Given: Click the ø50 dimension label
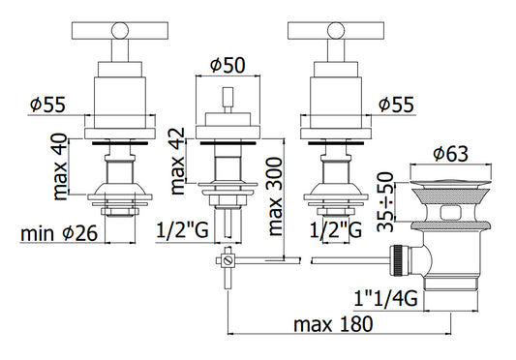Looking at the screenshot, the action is click(x=228, y=66).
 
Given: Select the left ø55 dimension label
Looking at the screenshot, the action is click(x=47, y=105).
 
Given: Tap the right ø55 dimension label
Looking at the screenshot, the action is click(x=396, y=105).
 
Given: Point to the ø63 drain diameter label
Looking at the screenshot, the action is click(x=450, y=154).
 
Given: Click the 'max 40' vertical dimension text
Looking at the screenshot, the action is click(x=60, y=166).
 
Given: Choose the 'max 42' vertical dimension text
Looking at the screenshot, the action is click(x=178, y=161).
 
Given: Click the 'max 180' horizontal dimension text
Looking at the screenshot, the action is click(x=333, y=324).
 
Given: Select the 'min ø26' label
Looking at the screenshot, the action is click(x=59, y=233).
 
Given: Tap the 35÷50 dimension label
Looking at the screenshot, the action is click(x=385, y=201).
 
